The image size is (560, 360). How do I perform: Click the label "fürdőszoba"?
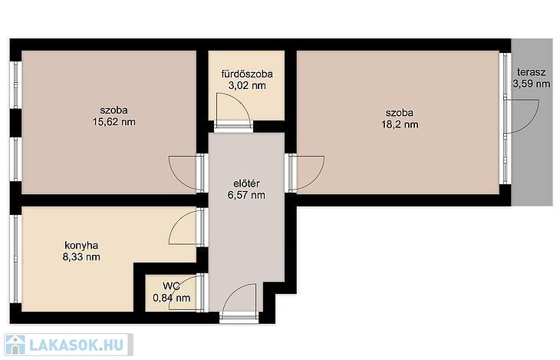(x=247, y=74)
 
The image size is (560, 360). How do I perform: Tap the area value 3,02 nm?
(x=247, y=85)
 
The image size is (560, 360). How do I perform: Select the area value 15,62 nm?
(x=114, y=121)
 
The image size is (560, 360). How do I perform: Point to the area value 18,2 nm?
(x=400, y=124)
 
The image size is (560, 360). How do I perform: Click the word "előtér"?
(x=246, y=183)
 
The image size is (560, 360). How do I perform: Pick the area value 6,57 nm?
(x=246, y=195)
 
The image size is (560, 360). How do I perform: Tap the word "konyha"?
(x=81, y=246)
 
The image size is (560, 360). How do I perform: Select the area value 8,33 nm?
(x=81, y=256)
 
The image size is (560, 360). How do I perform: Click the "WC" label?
(x=171, y=286)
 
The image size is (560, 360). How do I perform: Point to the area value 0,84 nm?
(x=171, y=297)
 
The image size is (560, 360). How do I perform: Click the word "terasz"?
(x=531, y=72)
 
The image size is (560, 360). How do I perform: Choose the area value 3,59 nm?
(x=532, y=84)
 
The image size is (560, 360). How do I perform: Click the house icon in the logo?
(x=15, y=345)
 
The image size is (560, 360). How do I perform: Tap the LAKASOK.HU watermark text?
(x=76, y=345)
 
